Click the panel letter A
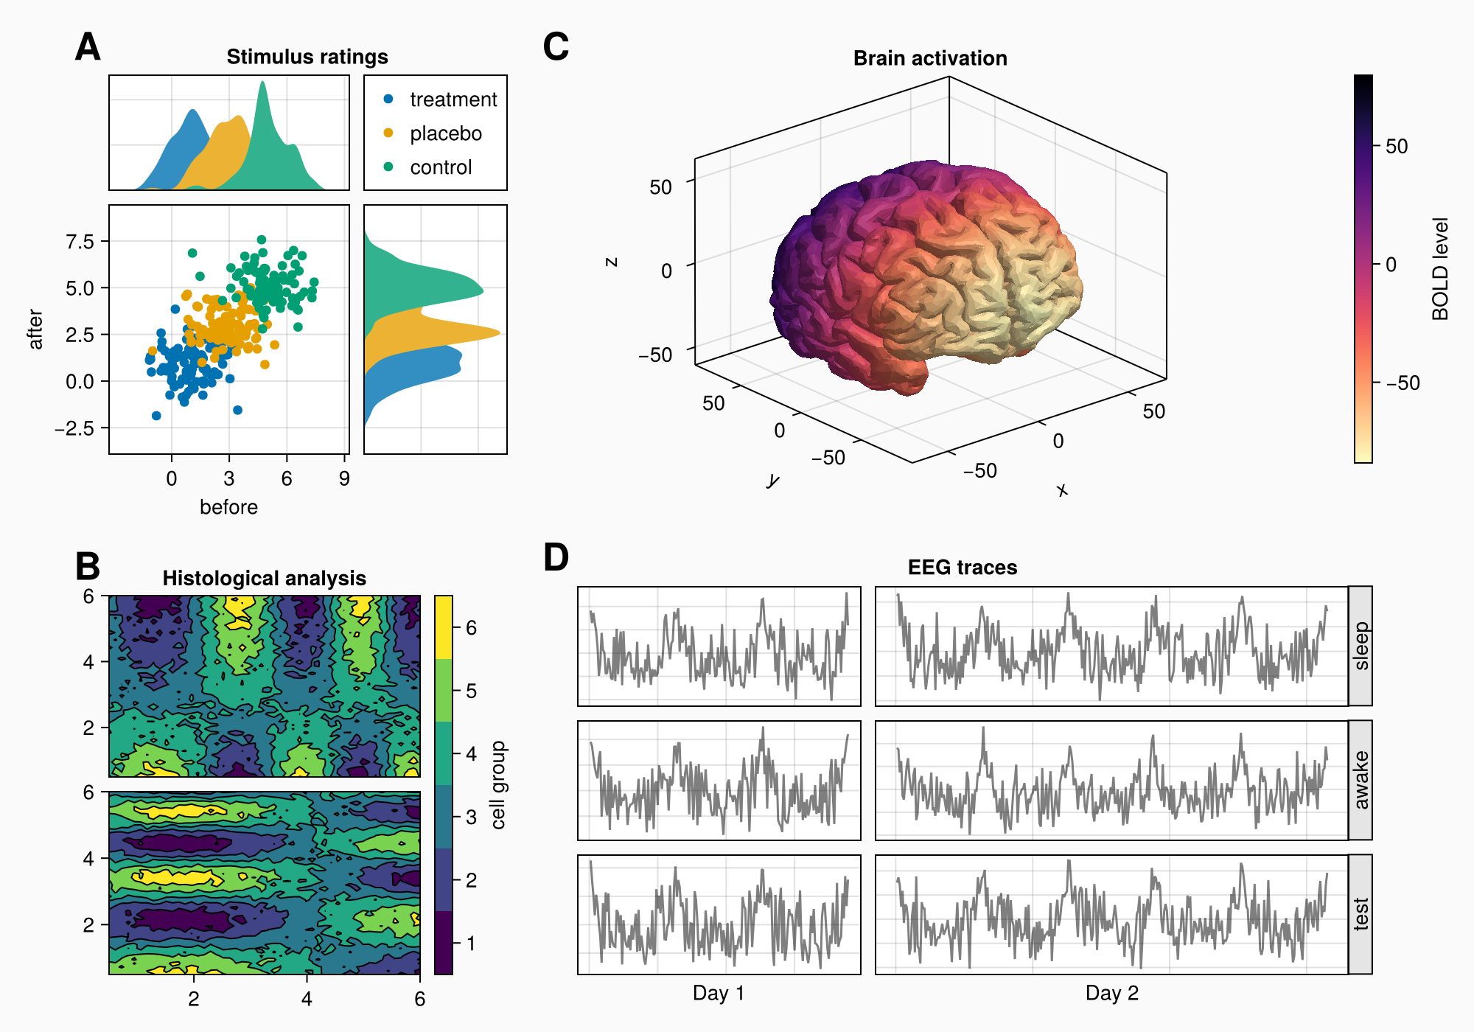pos(88,48)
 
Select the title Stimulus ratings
pos(307,57)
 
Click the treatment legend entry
pos(453,100)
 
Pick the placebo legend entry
pos(445,133)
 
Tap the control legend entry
pos(440,167)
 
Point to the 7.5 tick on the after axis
pos(80,242)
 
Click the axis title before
pos(228,507)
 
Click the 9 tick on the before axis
pos(344,479)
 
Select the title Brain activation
pos(930,58)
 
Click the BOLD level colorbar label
pos(1440,269)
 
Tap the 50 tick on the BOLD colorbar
pos(1396,146)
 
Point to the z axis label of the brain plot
pos(610,262)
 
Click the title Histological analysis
pos(264,578)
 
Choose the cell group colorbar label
pos(499,785)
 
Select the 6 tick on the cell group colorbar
pos(471,628)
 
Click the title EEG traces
pos(963,567)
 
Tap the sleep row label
pos(1361,646)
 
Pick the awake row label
pos(1361,780)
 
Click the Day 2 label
pos(1111,993)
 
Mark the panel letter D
pos(556,558)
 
